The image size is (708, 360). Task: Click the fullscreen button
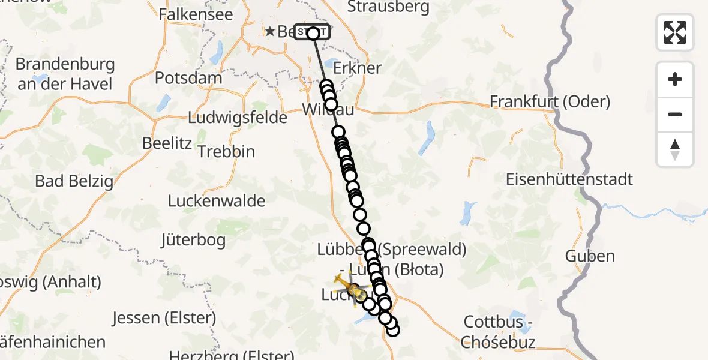pyautogui.click(x=675, y=32)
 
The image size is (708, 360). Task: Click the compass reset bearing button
pyautogui.click(x=675, y=149)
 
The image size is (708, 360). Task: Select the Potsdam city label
pyautogui.click(x=188, y=78)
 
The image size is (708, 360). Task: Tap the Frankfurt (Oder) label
pyautogui.click(x=550, y=101)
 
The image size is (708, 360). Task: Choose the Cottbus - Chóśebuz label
pyautogui.click(x=497, y=332)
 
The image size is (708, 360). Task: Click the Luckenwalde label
pyautogui.click(x=217, y=200)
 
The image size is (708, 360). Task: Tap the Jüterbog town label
pyautogui.click(x=193, y=241)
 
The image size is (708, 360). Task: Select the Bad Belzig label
pyautogui.click(x=74, y=181)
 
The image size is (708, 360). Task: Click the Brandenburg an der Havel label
pyautogui.click(x=65, y=74)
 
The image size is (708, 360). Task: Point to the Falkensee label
pyautogui.click(x=196, y=14)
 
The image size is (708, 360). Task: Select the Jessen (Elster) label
pyautogui.click(x=164, y=317)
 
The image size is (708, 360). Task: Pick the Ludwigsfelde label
pyautogui.click(x=238, y=118)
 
